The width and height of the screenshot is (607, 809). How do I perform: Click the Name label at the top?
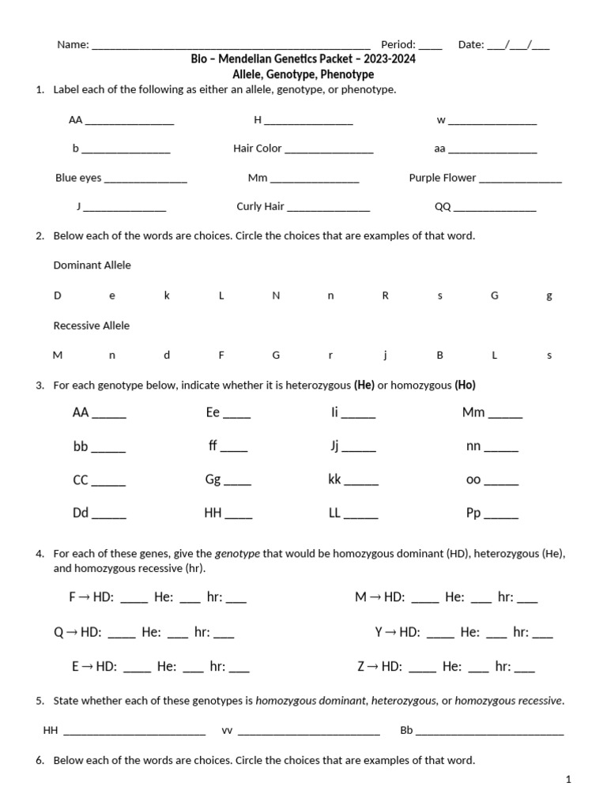72,45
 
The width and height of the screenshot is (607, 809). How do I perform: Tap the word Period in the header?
398,45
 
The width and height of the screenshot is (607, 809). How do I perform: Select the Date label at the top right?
471,45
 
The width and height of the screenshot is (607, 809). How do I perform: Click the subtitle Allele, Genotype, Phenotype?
303,74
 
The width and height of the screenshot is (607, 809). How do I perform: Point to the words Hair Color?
258,149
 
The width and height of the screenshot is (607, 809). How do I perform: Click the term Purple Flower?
442,178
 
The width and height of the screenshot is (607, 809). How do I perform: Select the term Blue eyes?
78,178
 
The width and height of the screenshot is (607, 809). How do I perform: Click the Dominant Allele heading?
92,265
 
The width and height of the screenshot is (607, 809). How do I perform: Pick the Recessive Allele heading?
91,325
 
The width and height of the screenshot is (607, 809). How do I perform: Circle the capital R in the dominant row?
386,295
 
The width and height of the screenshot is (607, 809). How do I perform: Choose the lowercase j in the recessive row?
385,356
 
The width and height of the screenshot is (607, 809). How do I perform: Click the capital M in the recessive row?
58,356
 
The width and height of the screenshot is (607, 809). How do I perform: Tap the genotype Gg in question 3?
213,480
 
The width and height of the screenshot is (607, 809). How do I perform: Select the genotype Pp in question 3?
473,513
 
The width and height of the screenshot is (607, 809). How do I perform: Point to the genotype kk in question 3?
334,480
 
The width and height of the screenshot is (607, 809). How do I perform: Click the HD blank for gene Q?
122,634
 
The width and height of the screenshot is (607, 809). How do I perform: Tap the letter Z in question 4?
361,667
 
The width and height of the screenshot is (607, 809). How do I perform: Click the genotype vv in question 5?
227,731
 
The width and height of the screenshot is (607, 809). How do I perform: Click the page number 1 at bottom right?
567,780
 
